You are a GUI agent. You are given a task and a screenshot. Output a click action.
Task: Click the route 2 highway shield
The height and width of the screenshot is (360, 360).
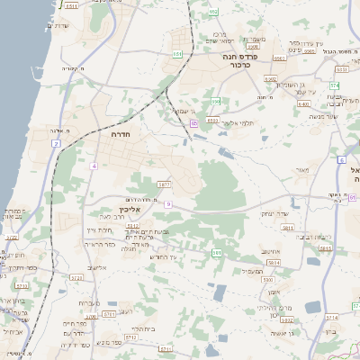56,143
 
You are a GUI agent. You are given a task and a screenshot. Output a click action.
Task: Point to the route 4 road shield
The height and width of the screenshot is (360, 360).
93,166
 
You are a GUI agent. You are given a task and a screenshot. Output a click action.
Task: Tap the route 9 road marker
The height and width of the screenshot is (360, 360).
167,204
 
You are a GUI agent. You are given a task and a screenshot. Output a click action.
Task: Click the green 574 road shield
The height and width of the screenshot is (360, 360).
333,85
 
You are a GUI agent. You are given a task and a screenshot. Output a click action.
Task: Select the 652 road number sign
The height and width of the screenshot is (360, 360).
213,12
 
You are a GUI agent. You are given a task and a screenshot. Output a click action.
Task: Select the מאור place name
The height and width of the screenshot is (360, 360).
301,169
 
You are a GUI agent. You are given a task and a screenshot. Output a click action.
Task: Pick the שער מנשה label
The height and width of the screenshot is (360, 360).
322,116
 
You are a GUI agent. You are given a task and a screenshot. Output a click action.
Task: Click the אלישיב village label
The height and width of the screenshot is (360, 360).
97,267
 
